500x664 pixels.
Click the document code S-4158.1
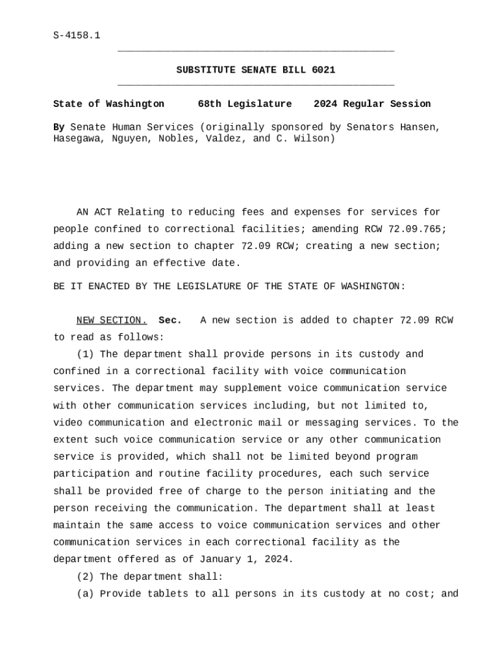[x=77, y=35]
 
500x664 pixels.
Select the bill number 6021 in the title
[x=323, y=69]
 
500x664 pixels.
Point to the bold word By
[x=58, y=127]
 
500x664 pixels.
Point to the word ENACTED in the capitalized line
[x=105, y=286]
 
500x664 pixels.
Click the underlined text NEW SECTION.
[x=112, y=320]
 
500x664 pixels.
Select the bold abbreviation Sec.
[x=170, y=320]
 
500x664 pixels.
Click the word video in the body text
[x=68, y=423]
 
